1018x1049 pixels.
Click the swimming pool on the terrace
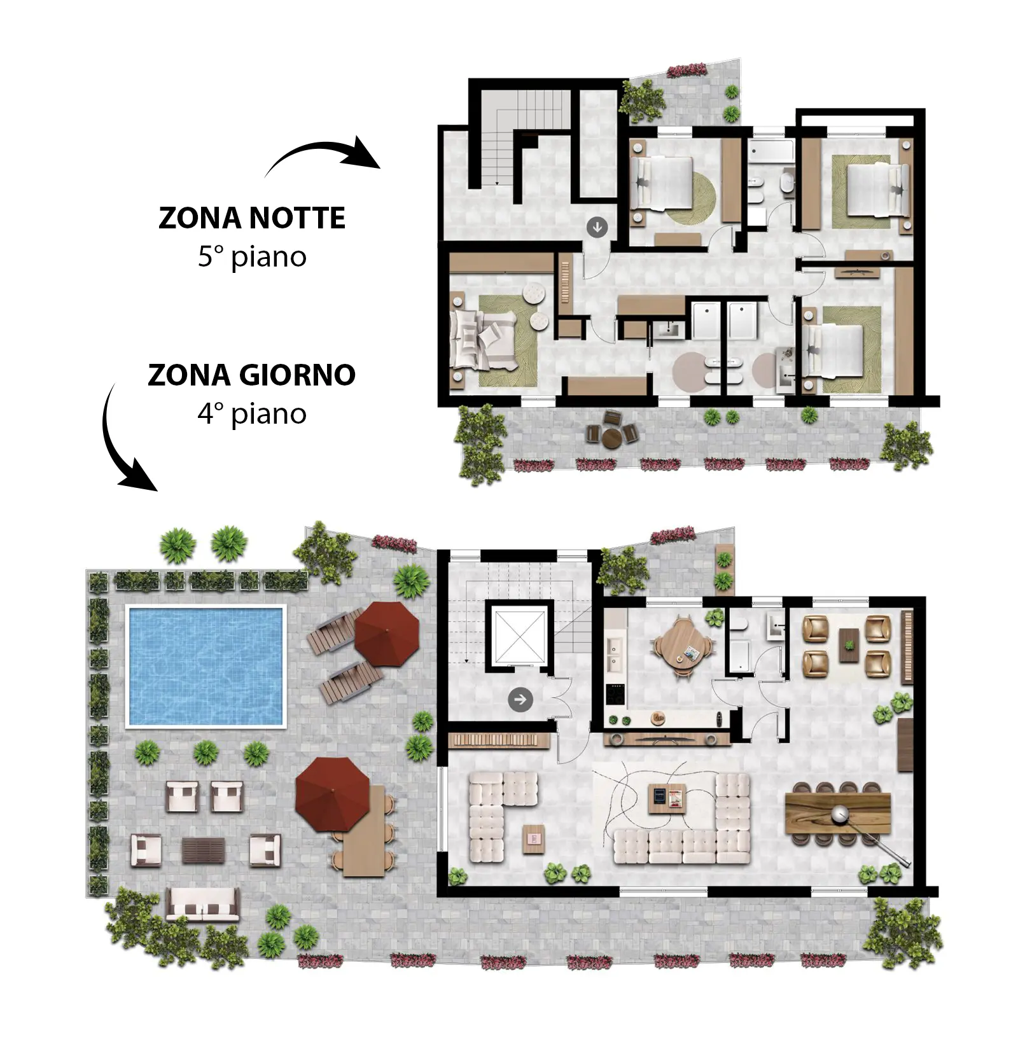tap(206, 665)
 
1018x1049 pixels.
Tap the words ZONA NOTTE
tap(252, 218)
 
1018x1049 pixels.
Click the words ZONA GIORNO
tap(252, 375)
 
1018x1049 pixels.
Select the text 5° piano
tap(252, 257)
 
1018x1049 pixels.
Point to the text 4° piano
tap(252, 414)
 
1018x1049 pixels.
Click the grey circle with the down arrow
tap(597, 226)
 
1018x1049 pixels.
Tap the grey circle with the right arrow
tap(520, 700)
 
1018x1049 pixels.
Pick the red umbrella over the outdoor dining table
tap(332, 794)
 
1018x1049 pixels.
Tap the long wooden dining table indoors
tap(837, 813)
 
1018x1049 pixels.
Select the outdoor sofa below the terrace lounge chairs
tap(203, 905)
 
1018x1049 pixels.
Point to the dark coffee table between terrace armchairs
tap(204, 851)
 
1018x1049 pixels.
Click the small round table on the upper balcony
tap(613, 437)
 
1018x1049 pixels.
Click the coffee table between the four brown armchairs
tap(847, 645)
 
